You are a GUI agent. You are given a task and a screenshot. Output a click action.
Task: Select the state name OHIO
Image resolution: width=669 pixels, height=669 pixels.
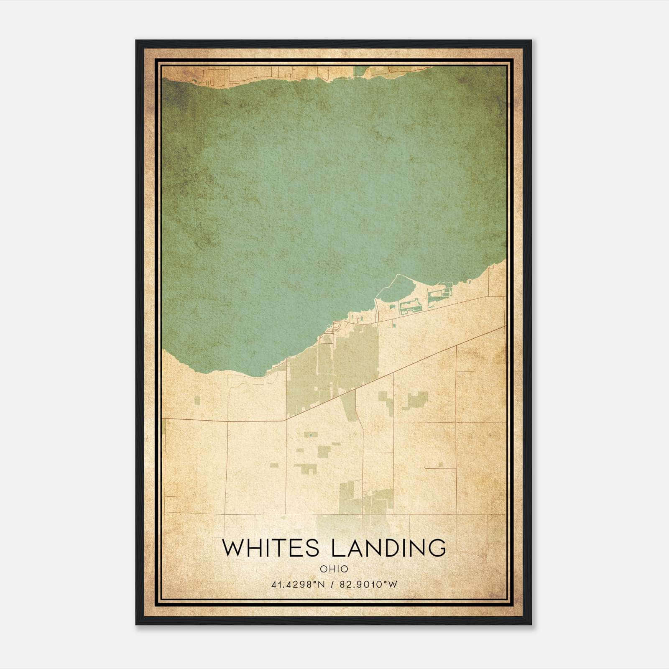coord(334,569)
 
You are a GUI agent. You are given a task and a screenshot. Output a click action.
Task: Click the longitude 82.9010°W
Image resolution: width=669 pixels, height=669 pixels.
coord(368,585)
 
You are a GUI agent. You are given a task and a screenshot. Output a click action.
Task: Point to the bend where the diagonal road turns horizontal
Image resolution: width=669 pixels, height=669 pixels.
coord(285,420)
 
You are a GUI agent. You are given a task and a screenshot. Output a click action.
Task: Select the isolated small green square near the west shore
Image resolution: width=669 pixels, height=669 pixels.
coord(197,401)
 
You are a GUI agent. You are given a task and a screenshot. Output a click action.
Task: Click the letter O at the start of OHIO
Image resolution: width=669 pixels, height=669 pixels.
coord(323,569)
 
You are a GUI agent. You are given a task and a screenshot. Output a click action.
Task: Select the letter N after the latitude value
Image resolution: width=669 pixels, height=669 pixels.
coord(322,585)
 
